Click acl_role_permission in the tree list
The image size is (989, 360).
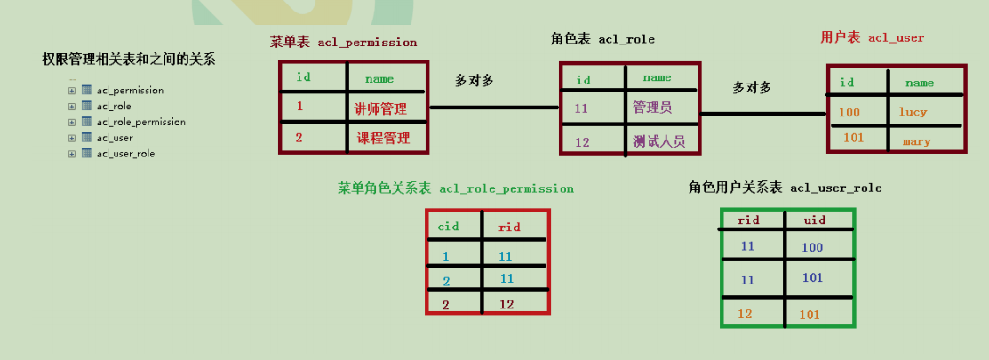coord(140,122)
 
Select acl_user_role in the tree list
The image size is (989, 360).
coord(125,154)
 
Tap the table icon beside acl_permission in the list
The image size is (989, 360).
coord(86,90)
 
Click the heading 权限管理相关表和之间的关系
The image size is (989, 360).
coord(128,60)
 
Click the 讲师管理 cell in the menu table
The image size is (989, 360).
coord(380,108)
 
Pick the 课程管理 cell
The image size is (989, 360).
coord(383,138)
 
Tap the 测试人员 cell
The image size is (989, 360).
coord(658,140)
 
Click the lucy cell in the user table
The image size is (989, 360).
coord(913,112)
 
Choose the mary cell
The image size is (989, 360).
coord(916,141)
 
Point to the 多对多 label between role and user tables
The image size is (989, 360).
coord(752,87)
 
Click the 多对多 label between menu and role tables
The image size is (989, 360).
coord(475,80)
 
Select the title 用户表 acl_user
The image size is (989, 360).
coord(872,37)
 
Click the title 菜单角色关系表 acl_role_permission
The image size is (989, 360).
coord(455,188)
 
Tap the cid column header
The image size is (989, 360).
coord(448,227)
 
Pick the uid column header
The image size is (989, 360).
coord(815,219)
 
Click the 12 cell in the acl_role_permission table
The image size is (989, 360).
coord(506,304)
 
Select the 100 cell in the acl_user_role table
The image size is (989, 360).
coord(812,248)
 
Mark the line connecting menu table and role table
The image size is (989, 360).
coord(493,108)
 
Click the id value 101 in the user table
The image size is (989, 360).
coord(852,138)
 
